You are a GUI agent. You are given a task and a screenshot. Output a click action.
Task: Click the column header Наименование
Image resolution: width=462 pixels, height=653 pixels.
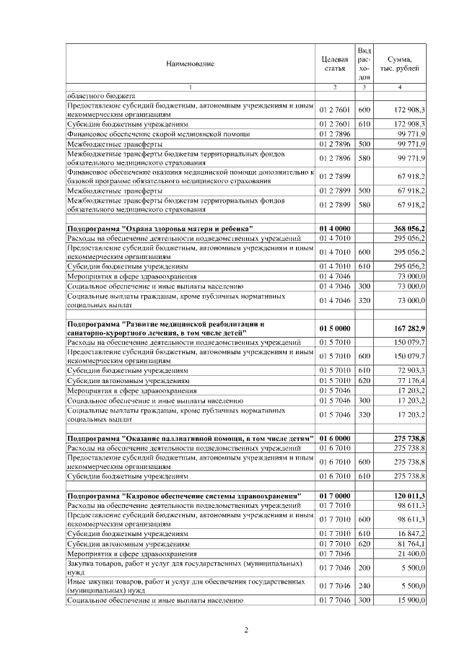pos(191,63)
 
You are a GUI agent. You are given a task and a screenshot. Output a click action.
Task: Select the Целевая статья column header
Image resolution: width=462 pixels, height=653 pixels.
pos(334,63)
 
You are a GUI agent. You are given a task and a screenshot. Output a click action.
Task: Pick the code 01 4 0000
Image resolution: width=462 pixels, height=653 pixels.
pos(334,229)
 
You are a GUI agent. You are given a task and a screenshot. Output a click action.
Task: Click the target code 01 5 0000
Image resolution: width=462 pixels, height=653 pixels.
pos(334,328)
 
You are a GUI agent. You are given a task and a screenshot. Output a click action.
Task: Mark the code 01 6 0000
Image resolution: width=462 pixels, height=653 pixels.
pos(334,438)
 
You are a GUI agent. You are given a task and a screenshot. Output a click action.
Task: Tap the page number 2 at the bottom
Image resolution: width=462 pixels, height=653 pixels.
pos(246,631)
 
